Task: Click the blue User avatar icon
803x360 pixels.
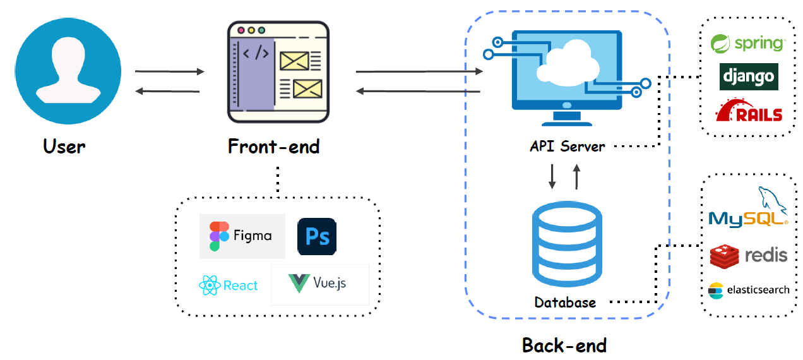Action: pyautogui.click(x=68, y=70)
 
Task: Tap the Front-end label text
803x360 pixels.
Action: pyautogui.click(x=273, y=147)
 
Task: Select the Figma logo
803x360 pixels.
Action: pyautogui.click(x=242, y=236)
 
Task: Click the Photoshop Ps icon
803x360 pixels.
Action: pyautogui.click(x=317, y=236)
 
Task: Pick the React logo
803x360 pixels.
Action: pyautogui.click(x=229, y=285)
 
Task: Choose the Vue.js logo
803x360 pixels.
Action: pyautogui.click(x=319, y=284)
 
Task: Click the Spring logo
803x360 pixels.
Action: pyautogui.click(x=747, y=44)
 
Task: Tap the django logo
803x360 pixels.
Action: pyautogui.click(x=749, y=77)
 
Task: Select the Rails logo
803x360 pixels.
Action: pyautogui.click(x=749, y=111)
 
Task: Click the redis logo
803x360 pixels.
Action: pyautogui.click(x=749, y=255)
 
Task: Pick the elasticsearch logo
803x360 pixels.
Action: pyautogui.click(x=749, y=290)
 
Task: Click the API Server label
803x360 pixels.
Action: pyautogui.click(x=567, y=147)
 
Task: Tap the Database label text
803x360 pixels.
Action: pyautogui.click(x=565, y=303)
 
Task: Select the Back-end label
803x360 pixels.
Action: pyautogui.click(x=564, y=345)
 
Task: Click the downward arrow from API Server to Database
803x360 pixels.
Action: pyautogui.click(x=552, y=177)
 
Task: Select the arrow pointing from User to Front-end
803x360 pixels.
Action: pyautogui.click(x=170, y=71)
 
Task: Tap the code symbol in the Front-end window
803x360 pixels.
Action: pyautogui.click(x=256, y=53)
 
